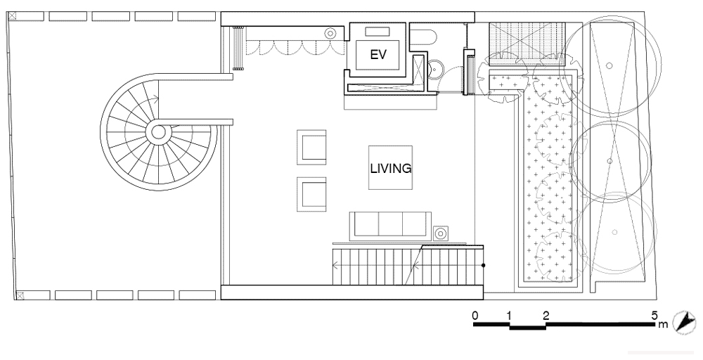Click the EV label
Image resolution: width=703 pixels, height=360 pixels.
click(x=378, y=55)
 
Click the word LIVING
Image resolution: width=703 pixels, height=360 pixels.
click(x=390, y=169)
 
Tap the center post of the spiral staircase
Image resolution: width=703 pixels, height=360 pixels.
click(x=158, y=132)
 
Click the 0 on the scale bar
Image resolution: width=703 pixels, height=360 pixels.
click(x=475, y=315)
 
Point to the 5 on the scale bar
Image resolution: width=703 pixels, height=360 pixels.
click(x=654, y=315)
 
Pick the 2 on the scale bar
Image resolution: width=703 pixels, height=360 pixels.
click(x=546, y=315)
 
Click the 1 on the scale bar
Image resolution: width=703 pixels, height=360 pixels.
click(x=509, y=315)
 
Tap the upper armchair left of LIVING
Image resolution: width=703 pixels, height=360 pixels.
click(x=311, y=147)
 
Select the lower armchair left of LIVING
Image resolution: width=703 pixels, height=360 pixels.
click(x=311, y=194)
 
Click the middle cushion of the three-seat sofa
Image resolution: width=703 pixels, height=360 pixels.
click(x=390, y=224)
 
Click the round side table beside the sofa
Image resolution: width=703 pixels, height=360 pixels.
click(x=441, y=233)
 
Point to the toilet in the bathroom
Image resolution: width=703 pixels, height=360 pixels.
click(x=420, y=38)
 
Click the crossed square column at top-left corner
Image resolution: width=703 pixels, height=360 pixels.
click(x=13, y=16)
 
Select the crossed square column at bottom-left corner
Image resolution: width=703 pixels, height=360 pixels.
click(x=20, y=295)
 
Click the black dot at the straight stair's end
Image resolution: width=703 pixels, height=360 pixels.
click(x=484, y=265)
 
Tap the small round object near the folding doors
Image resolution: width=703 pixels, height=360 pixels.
click(x=330, y=33)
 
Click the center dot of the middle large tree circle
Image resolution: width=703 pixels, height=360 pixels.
click(x=609, y=160)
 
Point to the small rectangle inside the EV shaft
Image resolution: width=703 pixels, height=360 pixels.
click(x=378, y=32)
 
